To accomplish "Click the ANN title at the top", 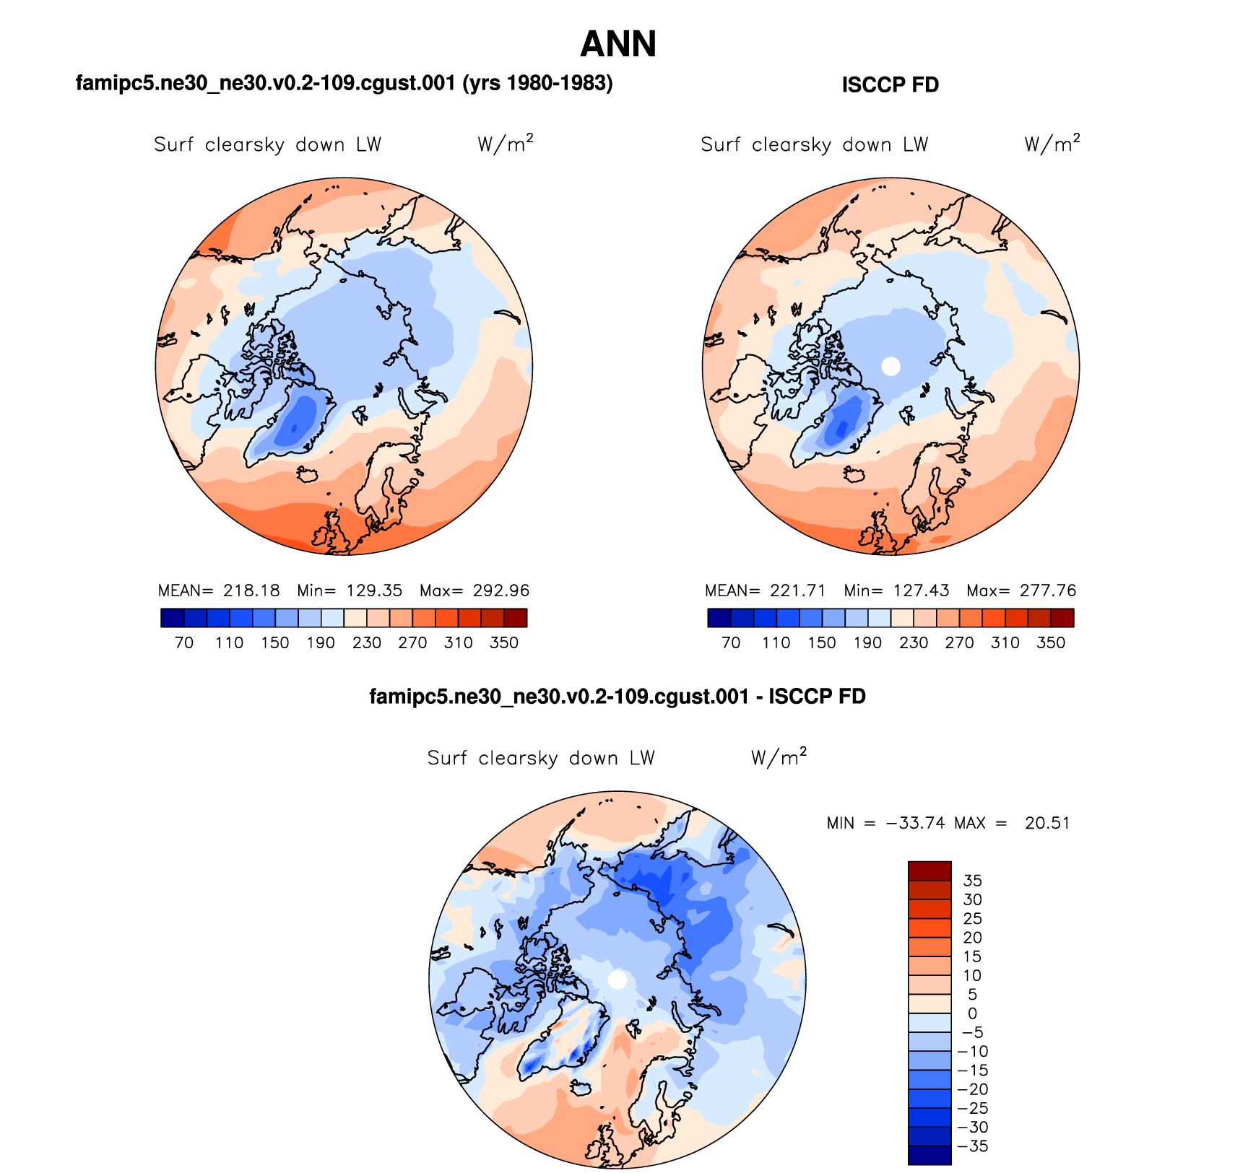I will pyautogui.click(x=618, y=44).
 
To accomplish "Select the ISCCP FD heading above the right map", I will pyautogui.click(x=890, y=85).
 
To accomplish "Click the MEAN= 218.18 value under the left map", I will pyautogui.click(x=219, y=590).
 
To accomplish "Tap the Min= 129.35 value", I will pyautogui.click(x=350, y=590).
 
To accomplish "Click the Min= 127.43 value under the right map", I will pyautogui.click(x=896, y=590).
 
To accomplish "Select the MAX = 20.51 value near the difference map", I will pyautogui.click(x=1011, y=823).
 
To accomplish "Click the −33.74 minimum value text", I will pyautogui.click(x=915, y=823).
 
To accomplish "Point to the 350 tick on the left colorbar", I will pyautogui.click(x=504, y=642).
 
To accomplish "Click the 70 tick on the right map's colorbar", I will pyautogui.click(x=731, y=642).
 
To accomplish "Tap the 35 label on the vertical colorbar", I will pyautogui.click(x=972, y=881).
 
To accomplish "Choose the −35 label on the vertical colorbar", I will pyautogui.click(x=972, y=1146).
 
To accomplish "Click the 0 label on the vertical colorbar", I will pyautogui.click(x=972, y=1013).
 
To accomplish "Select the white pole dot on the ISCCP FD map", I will pyautogui.click(x=891, y=366).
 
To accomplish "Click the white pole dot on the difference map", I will pyautogui.click(x=617, y=980).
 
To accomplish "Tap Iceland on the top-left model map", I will pyautogui.click(x=308, y=474).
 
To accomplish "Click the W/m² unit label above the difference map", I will pyautogui.click(x=779, y=757).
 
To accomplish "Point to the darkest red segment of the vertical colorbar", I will pyautogui.click(x=929, y=871).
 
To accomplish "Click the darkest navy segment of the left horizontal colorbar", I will pyautogui.click(x=173, y=618).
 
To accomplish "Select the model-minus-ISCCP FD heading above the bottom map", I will pyautogui.click(x=617, y=697).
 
